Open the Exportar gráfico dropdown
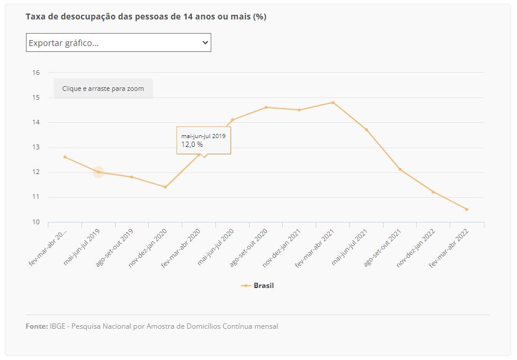coord(118,42)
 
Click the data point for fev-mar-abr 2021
coord(333,102)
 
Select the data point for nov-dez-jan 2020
coord(165,187)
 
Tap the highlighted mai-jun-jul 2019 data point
coord(99,172)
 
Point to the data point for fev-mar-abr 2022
coord(466,210)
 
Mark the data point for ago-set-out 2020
coord(266,107)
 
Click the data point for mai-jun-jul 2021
coord(367,130)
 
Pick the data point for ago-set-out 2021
coord(400,169)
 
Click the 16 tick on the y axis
coord(36,73)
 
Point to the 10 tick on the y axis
coord(36,222)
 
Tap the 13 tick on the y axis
coord(36,148)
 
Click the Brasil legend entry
coord(263,286)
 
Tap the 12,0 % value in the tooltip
coord(192,145)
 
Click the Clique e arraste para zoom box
coord(103,89)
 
